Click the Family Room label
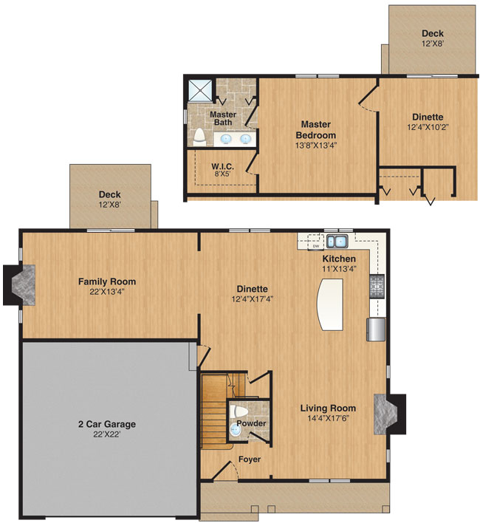tap(107, 281)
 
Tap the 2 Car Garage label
tap(107, 424)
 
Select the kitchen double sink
tap(337, 241)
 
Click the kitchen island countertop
tap(330, 304)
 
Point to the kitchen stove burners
tap(377, 286)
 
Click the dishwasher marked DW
tap(315, 242)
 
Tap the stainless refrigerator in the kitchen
tap(376, 329)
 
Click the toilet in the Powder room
tap(239, 411)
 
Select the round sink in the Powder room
tap(236, 430)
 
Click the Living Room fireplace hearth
tap(385, 414)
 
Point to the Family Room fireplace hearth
tap(24, 285)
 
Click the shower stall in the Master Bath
tap(200, 89)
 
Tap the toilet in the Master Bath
tap(199, 137)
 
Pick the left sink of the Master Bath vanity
tap(226, 138)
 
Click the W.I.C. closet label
tap(223, 166)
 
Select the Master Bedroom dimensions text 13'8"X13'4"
tap(316, 146)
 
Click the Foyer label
tap(250, 459)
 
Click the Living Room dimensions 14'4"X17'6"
tap(328, 418)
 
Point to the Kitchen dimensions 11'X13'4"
tap(340, 268)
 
